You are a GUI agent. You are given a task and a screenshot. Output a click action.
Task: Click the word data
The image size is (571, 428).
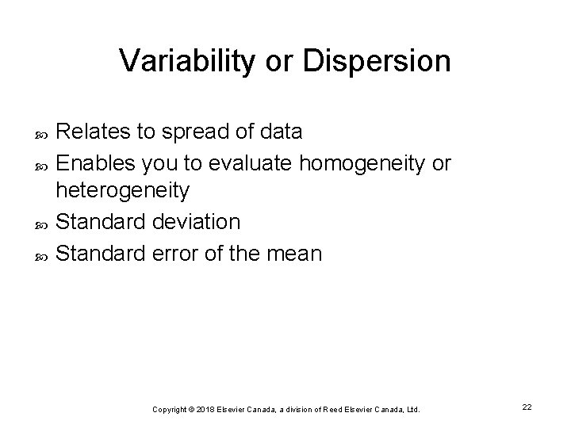278,132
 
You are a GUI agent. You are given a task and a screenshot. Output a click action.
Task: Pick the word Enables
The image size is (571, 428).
96,163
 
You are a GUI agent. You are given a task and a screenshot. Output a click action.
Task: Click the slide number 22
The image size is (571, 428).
527,407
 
